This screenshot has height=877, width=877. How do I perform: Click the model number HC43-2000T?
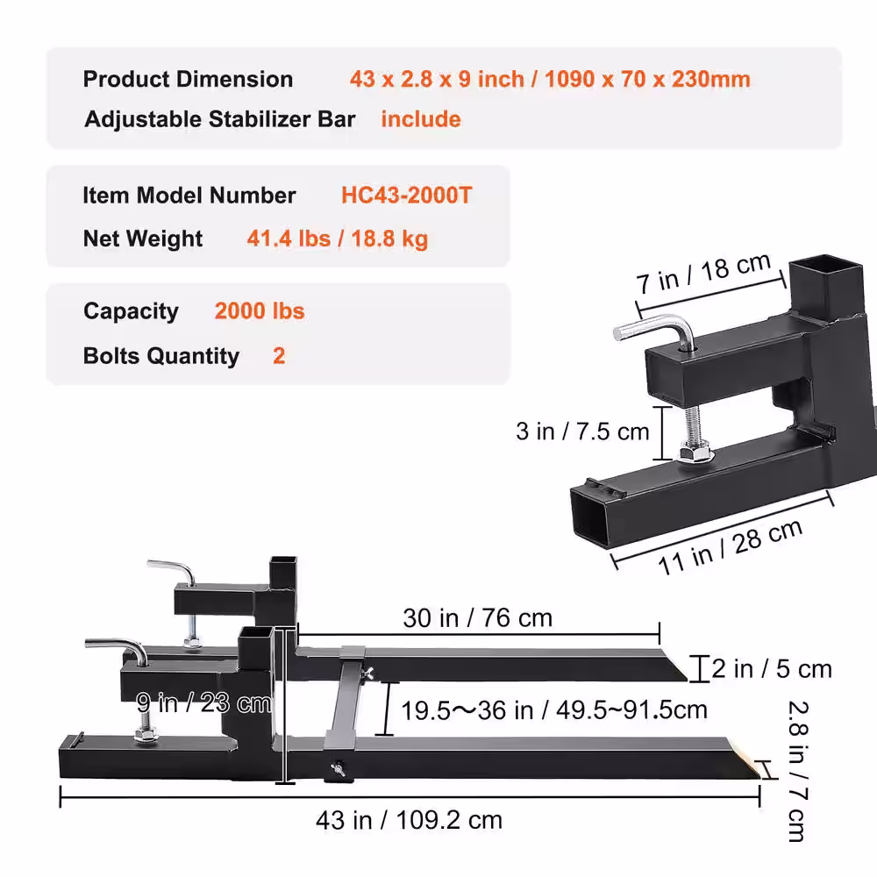pyautogui.click(x=407, y=196)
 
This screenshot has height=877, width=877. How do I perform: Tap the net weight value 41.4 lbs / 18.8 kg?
pyautogui.click(x=338, y=239)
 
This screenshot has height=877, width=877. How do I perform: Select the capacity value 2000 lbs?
pyautogui.click(x=260, y=311)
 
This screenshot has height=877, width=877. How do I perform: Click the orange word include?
pyautogui.click(x=421, y=119)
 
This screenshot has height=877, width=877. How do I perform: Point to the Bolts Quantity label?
pyautogui.click(x=161, y=356)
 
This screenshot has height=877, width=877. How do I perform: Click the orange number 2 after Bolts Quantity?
pyautogui.click(x=279, y=356)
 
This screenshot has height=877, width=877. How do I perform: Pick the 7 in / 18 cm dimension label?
pyautogui.click(x=703, y=273)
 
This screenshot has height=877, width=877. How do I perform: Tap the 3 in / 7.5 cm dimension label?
pyautogui.click(x=582, y=431)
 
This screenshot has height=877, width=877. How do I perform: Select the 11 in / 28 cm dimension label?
pyautogui.click(x=731, y=547)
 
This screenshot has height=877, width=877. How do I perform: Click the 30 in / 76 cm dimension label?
pyautogui.click(x=478, y=618)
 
